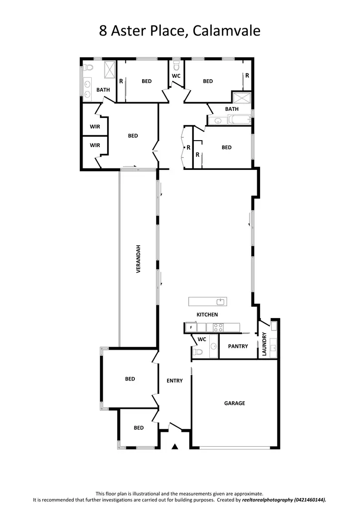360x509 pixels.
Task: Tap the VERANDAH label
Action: tap(138, 259)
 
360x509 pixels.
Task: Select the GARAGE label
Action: tap(234, 403)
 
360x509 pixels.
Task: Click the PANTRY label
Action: tap(238, 346)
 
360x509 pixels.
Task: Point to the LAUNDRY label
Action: tap(264, 344)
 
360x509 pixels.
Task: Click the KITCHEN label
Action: tap(207, 315)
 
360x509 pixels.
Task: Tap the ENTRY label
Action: tap(175, 381)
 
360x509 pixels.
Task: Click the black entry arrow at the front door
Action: tap(175, 447)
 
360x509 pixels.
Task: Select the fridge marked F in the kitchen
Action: tap(191, 328)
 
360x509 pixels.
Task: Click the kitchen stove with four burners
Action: tap(218, 328)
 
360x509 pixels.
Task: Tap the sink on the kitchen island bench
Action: tap(220, 302)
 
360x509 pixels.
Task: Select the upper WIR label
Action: tap(95, 127)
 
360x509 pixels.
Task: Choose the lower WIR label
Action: tap(95, 145)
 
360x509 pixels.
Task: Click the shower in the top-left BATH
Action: tap(109, 70)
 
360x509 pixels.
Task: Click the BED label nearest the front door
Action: tap(139, 427)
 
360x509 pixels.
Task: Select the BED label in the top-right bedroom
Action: tap(207, 81)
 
